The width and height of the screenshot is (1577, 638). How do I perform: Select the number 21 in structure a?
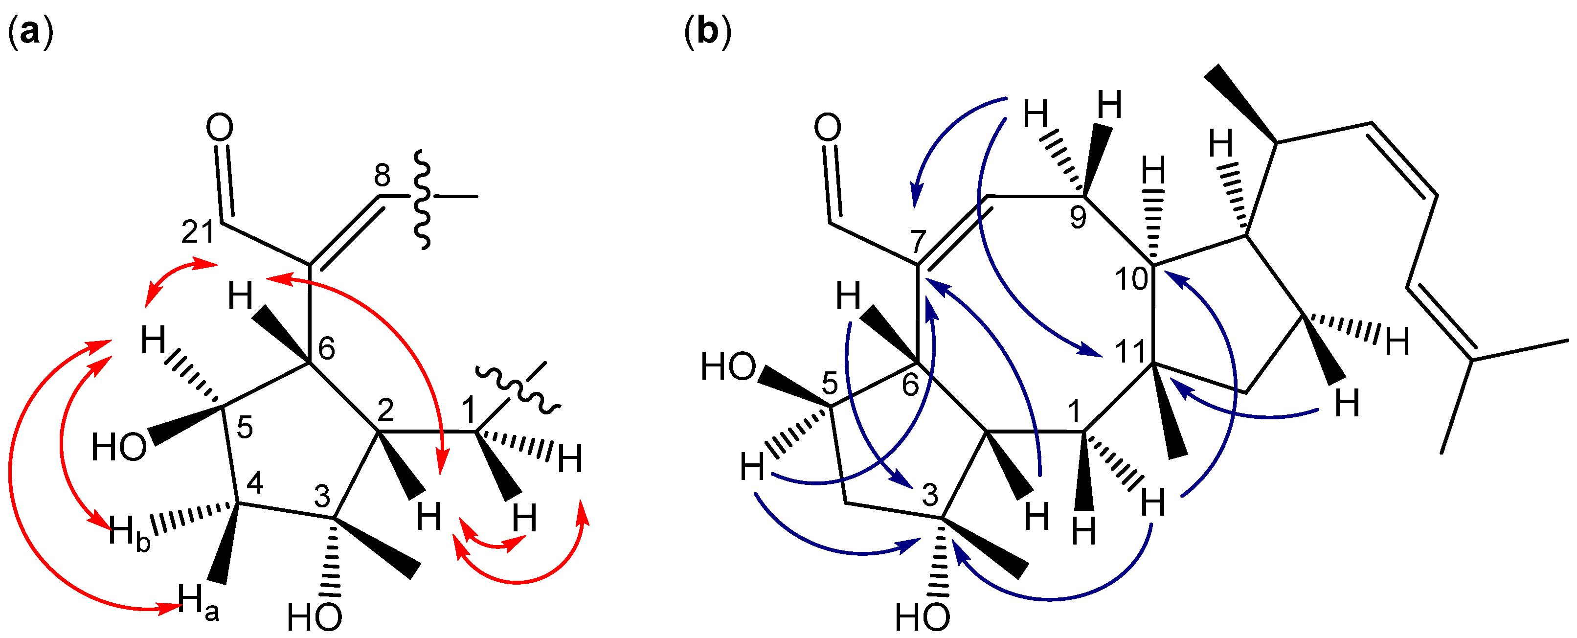coord(197,232)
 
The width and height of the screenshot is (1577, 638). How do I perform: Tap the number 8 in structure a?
coord(382,176)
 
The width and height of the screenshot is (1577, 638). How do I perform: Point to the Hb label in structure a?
coord(129,533)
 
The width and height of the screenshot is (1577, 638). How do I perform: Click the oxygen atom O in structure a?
coord(219,128)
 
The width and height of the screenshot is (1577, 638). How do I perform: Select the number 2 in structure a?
coord(385,410)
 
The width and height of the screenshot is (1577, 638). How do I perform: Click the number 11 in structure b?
coord(1130,352)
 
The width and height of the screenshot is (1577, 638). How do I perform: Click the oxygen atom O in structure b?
coord(828,128)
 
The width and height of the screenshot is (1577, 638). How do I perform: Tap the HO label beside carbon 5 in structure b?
coord(728,367)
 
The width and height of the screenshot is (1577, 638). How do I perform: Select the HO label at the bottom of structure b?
coord(922,617)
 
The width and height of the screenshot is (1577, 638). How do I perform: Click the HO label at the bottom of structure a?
coord(314,617)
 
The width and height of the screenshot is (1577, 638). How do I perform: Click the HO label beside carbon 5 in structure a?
coord(119,448)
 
